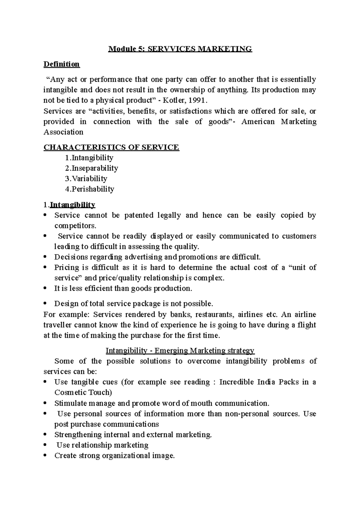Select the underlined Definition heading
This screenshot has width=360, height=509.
tap(61, 64)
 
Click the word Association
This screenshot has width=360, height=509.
tap(63, 132)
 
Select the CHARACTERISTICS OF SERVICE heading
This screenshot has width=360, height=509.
tap(111, 147)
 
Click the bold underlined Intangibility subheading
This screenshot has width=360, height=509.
tap(72, 205)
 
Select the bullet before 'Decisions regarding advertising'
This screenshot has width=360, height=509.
tap(45, 257)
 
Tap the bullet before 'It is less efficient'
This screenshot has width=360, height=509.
tap(45, 288)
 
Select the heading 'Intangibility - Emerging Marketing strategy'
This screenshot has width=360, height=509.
tap(180, 350)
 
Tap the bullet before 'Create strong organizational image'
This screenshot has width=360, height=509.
tap(45, 456)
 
